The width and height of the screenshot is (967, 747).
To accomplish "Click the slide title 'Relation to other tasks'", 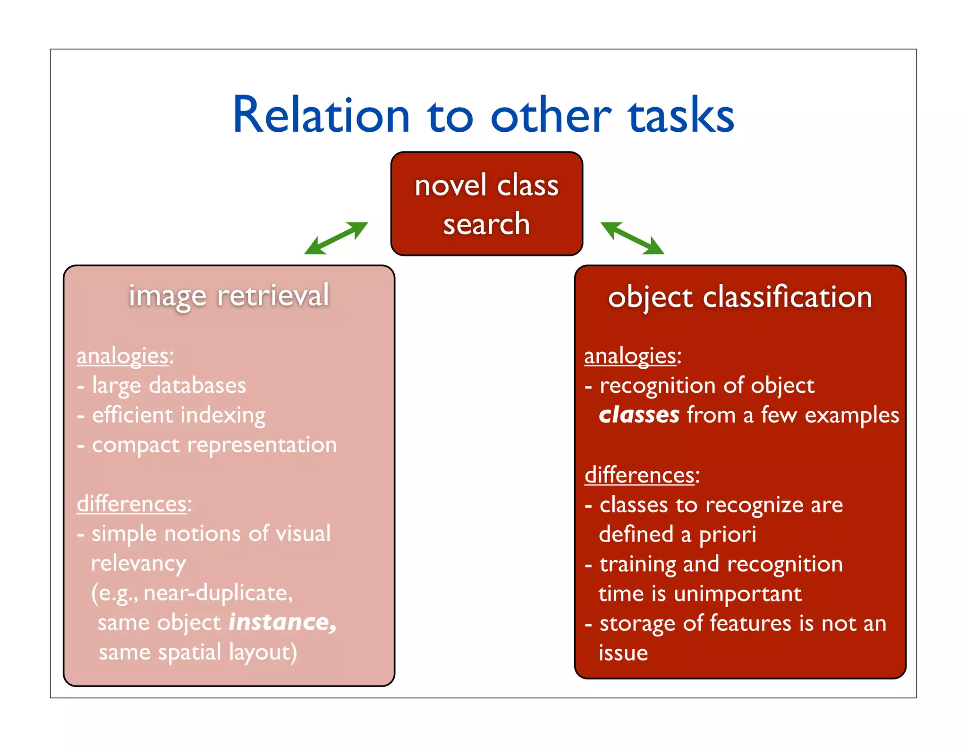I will (x=483, y=115).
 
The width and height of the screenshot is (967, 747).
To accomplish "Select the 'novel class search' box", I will (x=486, y=204).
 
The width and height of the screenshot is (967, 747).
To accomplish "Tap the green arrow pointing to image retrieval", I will (x=336, y=238).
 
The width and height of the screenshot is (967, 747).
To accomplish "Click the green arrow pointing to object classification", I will (x=632, y=238).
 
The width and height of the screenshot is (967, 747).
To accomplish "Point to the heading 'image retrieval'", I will (x=229, y=296).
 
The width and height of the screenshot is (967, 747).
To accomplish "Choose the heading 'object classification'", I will (x=740, y=297).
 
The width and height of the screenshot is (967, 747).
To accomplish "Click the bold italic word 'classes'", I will (x=639, y=415).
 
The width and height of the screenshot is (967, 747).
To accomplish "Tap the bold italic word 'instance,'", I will (x=282, y=622).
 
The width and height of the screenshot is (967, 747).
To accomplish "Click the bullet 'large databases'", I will (x=169, y=385).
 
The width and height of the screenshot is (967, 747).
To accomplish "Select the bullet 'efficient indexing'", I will (x=178, y=415).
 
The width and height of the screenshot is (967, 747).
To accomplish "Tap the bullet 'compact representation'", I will (x=214, y=445).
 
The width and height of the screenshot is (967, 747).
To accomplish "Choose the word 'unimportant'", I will (x=738, y=594).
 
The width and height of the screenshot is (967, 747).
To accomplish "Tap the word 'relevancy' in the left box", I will (x=138, y=563).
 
